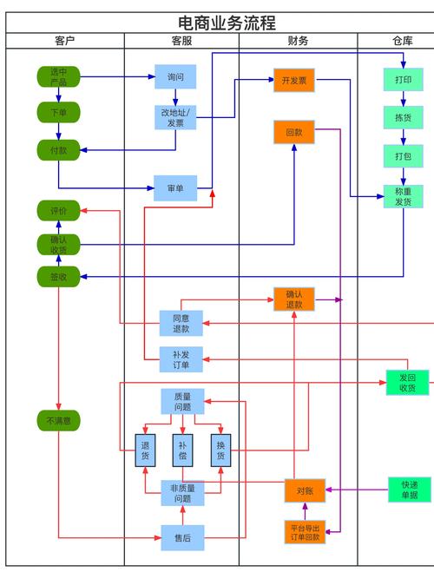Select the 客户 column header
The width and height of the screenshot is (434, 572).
[x=65, y=41]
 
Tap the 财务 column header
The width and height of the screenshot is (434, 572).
[x=298, y=41]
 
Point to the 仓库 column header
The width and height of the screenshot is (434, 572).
[x=400, y=41]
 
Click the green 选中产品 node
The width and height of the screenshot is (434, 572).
[x=58, y=76]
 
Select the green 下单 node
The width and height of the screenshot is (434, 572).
[x=58, y=113]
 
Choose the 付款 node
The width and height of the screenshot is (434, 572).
[x=58, y=150]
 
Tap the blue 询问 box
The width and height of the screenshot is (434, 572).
[x=176, y=77]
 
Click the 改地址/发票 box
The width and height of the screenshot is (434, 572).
[x=176, y=117]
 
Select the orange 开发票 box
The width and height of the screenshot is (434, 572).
[x=293, y=81]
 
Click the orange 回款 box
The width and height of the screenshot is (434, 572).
[x=293, y=133]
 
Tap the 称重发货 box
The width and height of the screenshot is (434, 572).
[x=404, y=196]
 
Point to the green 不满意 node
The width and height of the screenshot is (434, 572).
[x=58, y=421]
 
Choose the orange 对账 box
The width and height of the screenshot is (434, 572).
[x=305, y=490]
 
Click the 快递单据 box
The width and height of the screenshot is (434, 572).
[x=409, y=490]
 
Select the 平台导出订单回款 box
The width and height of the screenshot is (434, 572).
[x=305, y=532]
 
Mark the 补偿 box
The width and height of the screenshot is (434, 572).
[x=182, y=450]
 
